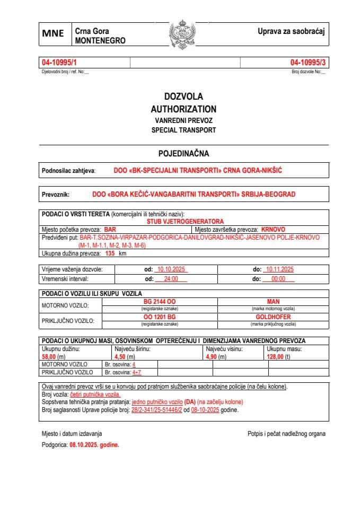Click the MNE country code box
tap(54, 33)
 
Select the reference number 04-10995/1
tap(59, 63)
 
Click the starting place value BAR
tap(110, 230)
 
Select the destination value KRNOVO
tap(274, 230)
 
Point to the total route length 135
tap(110, 253)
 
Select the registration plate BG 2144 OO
tap(160, 301)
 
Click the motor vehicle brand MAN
tap(273, 301)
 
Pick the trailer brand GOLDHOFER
tap(273, 317)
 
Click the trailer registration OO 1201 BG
tap(160, 317)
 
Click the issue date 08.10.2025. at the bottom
tap(94, 446)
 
